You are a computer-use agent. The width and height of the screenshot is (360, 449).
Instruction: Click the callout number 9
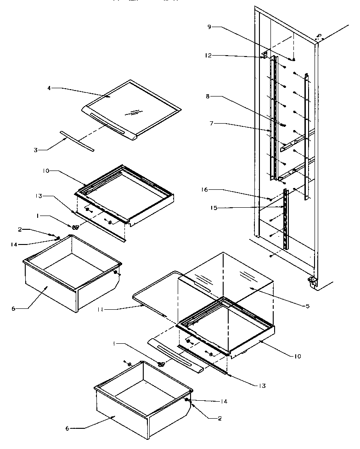coord(209,27)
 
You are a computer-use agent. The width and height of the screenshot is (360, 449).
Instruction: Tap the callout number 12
coord(209,56)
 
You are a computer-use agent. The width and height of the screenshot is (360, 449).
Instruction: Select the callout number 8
coord(209,97)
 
